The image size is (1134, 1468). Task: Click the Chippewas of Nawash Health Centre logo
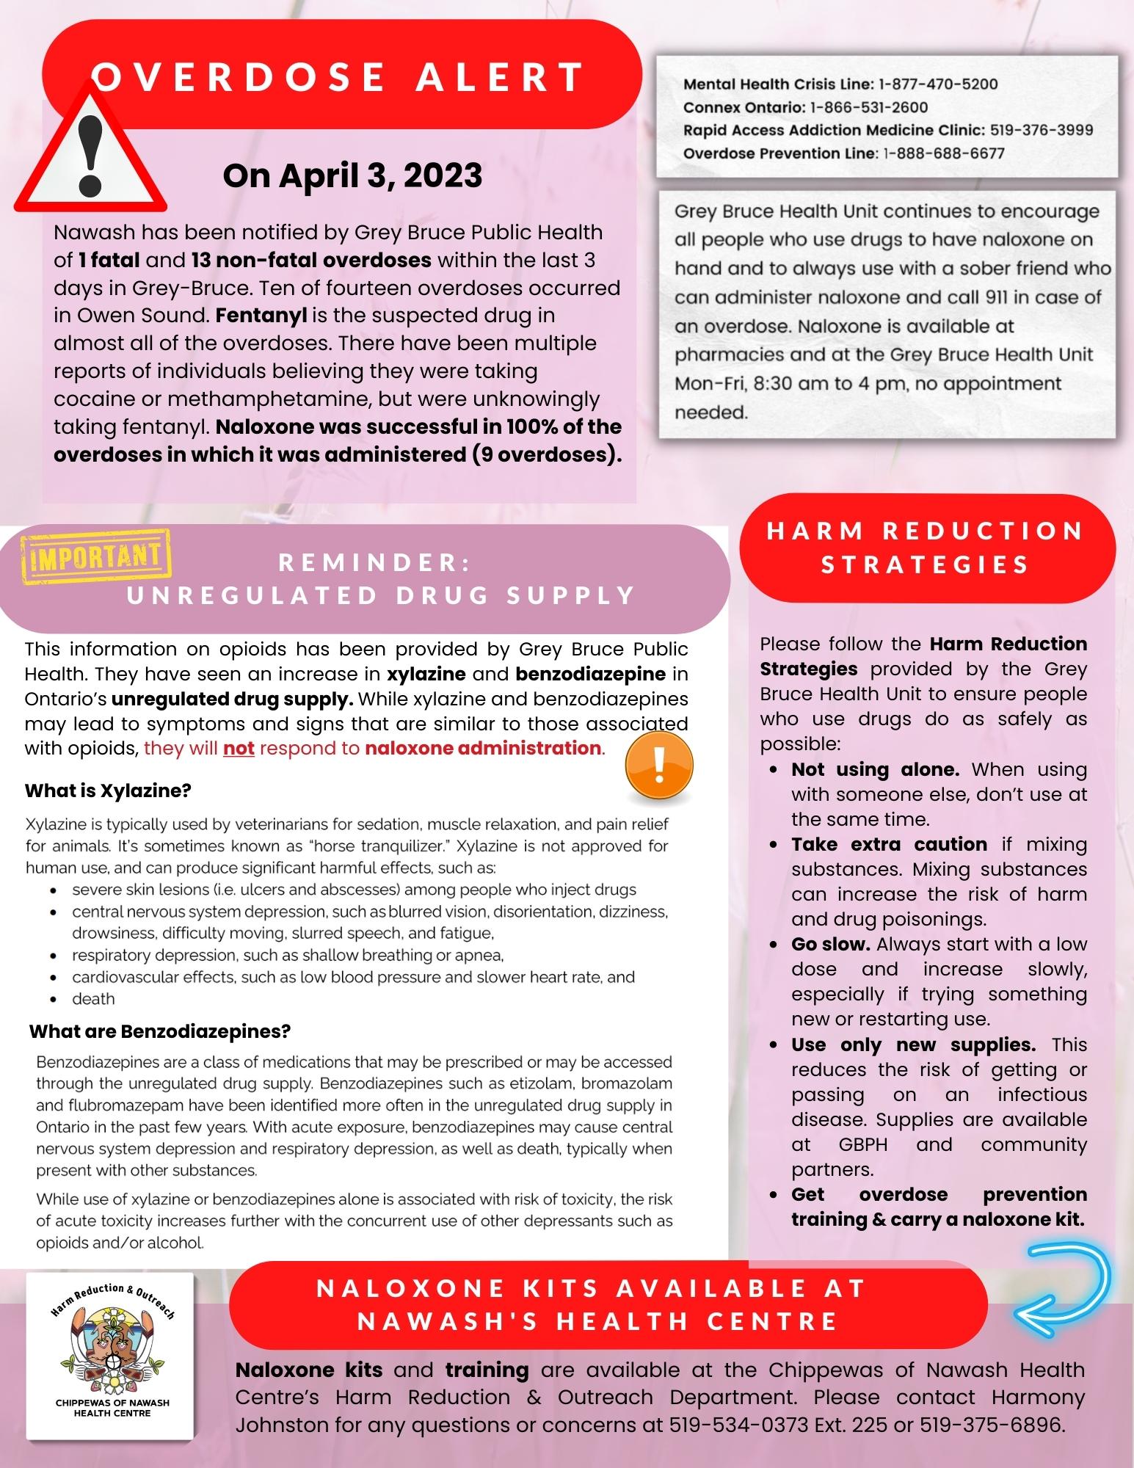click(111, 1357)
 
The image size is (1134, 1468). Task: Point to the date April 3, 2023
click(352, 175)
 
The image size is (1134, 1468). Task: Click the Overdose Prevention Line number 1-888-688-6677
click(944, 153)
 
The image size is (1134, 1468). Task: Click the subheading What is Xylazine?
click(108, 791)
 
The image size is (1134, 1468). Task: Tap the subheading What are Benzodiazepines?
click(160, 1031)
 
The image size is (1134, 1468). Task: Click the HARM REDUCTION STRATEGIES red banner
click(926, 548)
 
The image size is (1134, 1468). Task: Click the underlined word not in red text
click(239, 749)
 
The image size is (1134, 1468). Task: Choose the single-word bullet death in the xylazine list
click(93, 999)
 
